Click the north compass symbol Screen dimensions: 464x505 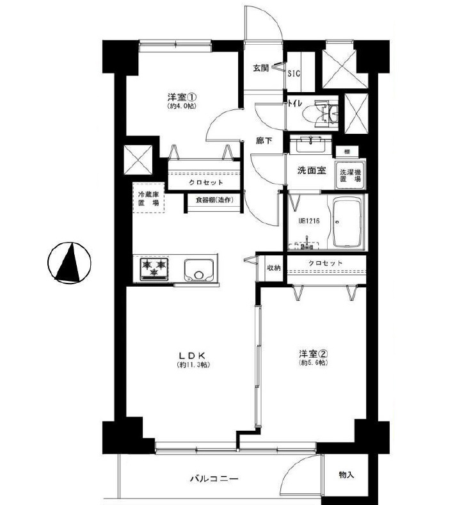pyautogui.click(x=69, y=262)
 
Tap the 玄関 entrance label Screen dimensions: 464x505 pyautogui.click(x=261, y=68)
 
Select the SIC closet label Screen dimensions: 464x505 pyautogui.click(x=294, y=74)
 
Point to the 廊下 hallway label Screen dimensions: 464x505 pyautogui.click(x=264, y=141)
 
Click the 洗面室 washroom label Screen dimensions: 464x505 pyautogui.click(x=312, y=170)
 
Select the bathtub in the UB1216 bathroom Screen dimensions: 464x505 pyautogui.click(x=348, y=223)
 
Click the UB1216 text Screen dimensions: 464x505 pyautogui.click(x=308, y=221)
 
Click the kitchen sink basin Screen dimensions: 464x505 pyautogui.click(x=199, y=270)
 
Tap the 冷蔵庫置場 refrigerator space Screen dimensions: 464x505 pyautogui.click(x=148, y=198)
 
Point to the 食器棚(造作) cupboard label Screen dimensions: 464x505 pyautogui.click(x=214, y=200)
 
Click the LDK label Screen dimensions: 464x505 pyautogui.click(x=192, y=356)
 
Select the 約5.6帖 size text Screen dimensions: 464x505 pyautogui.click(x=314, y=363)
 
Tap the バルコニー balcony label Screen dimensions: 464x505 pyautogui.click(x=214, y=479)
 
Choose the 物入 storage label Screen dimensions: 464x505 pyautogui.click(x=346, y=474)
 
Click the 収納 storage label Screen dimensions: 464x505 pyautogui.click(x=274, y=268)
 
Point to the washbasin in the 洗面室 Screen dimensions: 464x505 pyautogui.click(x=311, y=144)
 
